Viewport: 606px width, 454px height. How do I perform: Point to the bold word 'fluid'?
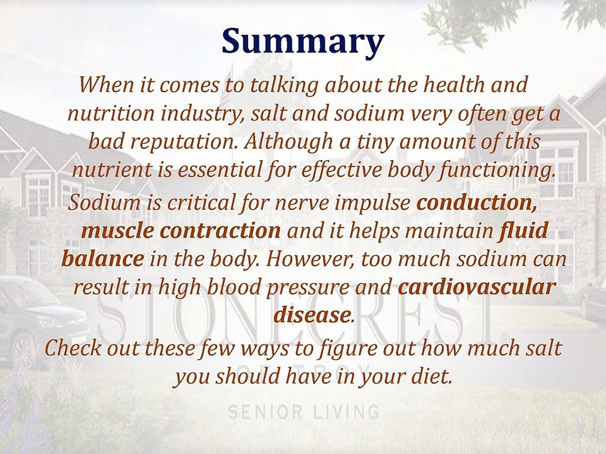[523, 231]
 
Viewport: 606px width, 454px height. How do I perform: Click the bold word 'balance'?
[102, 259]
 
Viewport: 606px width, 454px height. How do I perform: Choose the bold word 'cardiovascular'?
[477, 288]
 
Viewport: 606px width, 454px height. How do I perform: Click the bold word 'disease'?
[312, 315]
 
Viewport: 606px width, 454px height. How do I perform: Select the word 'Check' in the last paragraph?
[73, 348]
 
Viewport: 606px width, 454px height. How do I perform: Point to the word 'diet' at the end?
[433, 376]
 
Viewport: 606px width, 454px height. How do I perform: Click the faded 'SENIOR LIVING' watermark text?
[303, 413]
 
